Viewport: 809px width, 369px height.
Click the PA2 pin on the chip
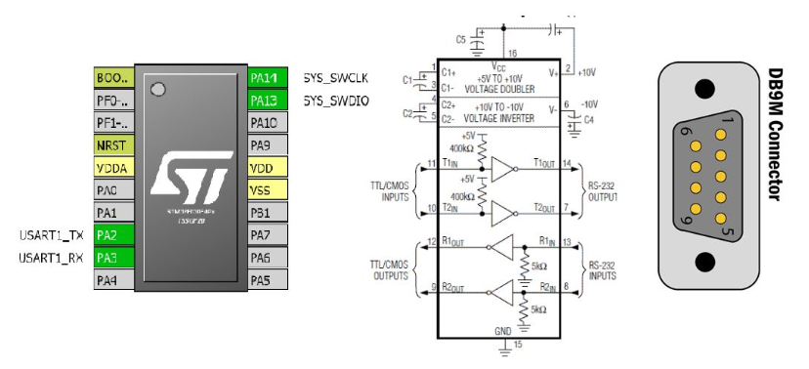[113, 235]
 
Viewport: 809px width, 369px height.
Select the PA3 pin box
[113, 258]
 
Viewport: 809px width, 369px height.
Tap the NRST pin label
[113, 144]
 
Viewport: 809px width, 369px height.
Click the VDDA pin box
[113, 167]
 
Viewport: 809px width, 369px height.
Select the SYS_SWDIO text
[335, 100]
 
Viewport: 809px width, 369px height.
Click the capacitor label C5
[461, 40]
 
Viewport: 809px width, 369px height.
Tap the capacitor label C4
[588, 121]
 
